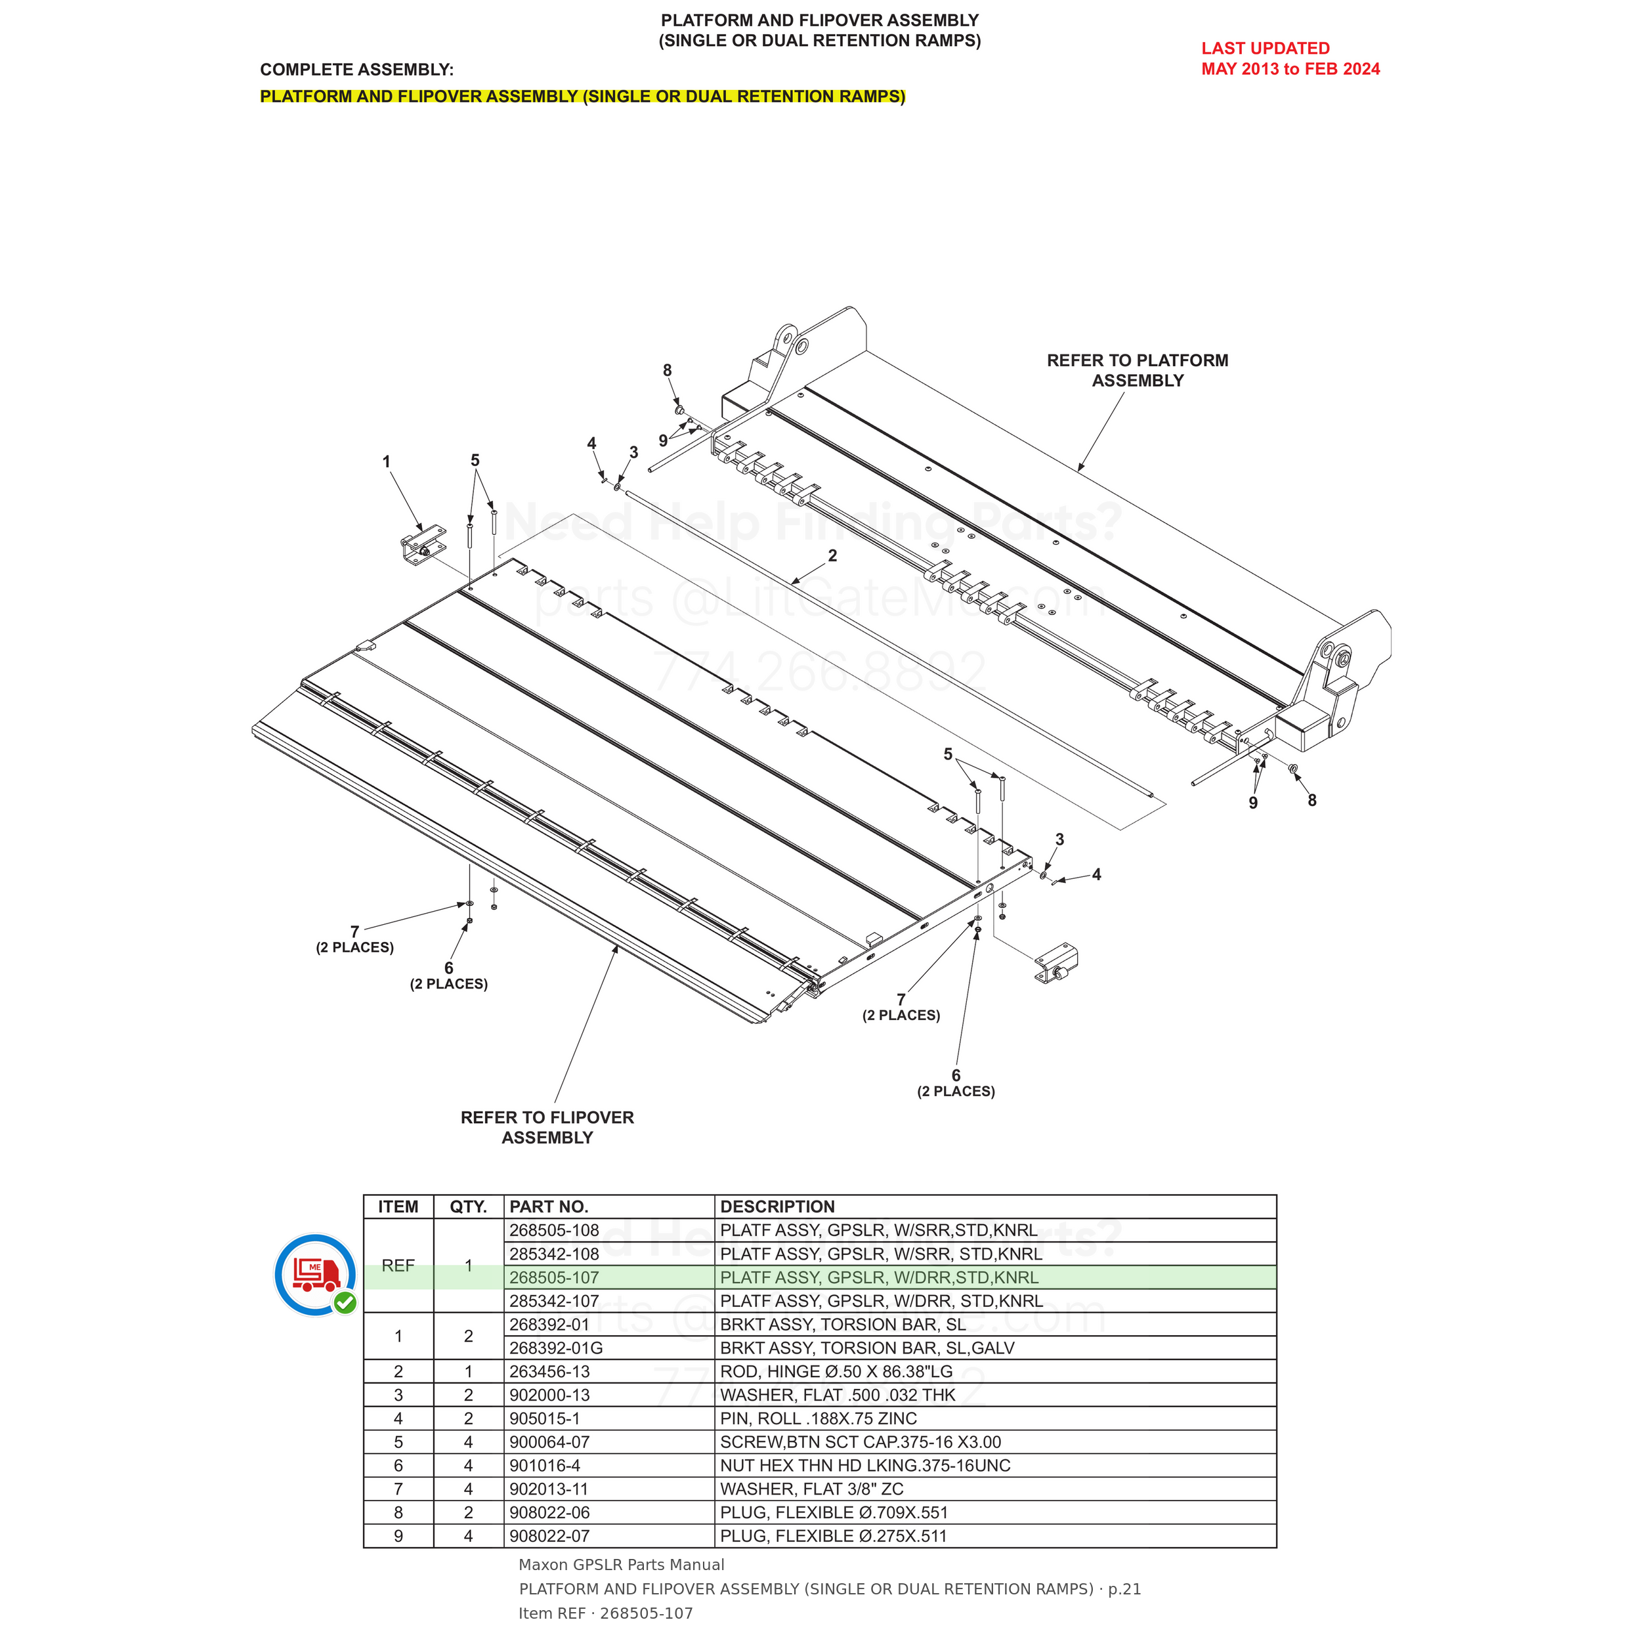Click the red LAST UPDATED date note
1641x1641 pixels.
click(1290, 58)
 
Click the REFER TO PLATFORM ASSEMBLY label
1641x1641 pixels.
click(1138, 370)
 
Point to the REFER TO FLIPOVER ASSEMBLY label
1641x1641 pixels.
click(547, 1127)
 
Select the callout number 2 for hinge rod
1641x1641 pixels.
click(832, 555)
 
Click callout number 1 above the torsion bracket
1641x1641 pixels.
click(387, 462)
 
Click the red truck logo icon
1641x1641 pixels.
click(316, 1274)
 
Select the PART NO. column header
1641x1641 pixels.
click(549, 1206)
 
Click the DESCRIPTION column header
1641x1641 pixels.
click(777, 1206)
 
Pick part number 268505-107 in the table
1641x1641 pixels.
click(554, 1277)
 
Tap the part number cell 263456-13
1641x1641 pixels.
click(549, 1372)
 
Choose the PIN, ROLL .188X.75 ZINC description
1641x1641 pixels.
click(818, 1418)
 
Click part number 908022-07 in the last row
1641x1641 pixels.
click(549, 1536)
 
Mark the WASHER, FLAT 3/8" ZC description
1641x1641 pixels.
click(811, 1489)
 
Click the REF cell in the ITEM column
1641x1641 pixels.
click(398, 1266)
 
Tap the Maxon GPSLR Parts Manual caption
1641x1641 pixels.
click(621, 1565)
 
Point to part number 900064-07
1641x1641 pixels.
click(549, 1442)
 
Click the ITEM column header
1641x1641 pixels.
click(398, 1206)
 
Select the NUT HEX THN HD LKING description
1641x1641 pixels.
click(864, 1465)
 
